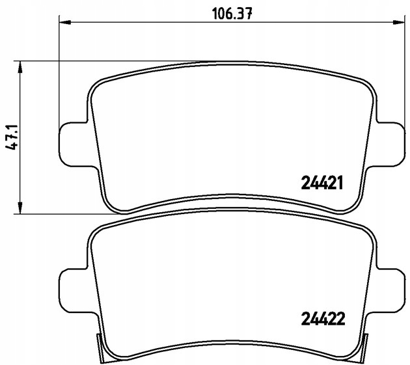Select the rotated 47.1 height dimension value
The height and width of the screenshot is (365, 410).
click(x=11, y=137)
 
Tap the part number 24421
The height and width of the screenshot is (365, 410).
click(x=321, y=183)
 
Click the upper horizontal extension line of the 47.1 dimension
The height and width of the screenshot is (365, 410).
click(x=98, y=62)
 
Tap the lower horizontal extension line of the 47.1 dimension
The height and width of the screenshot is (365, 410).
click(x=65, y=213)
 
